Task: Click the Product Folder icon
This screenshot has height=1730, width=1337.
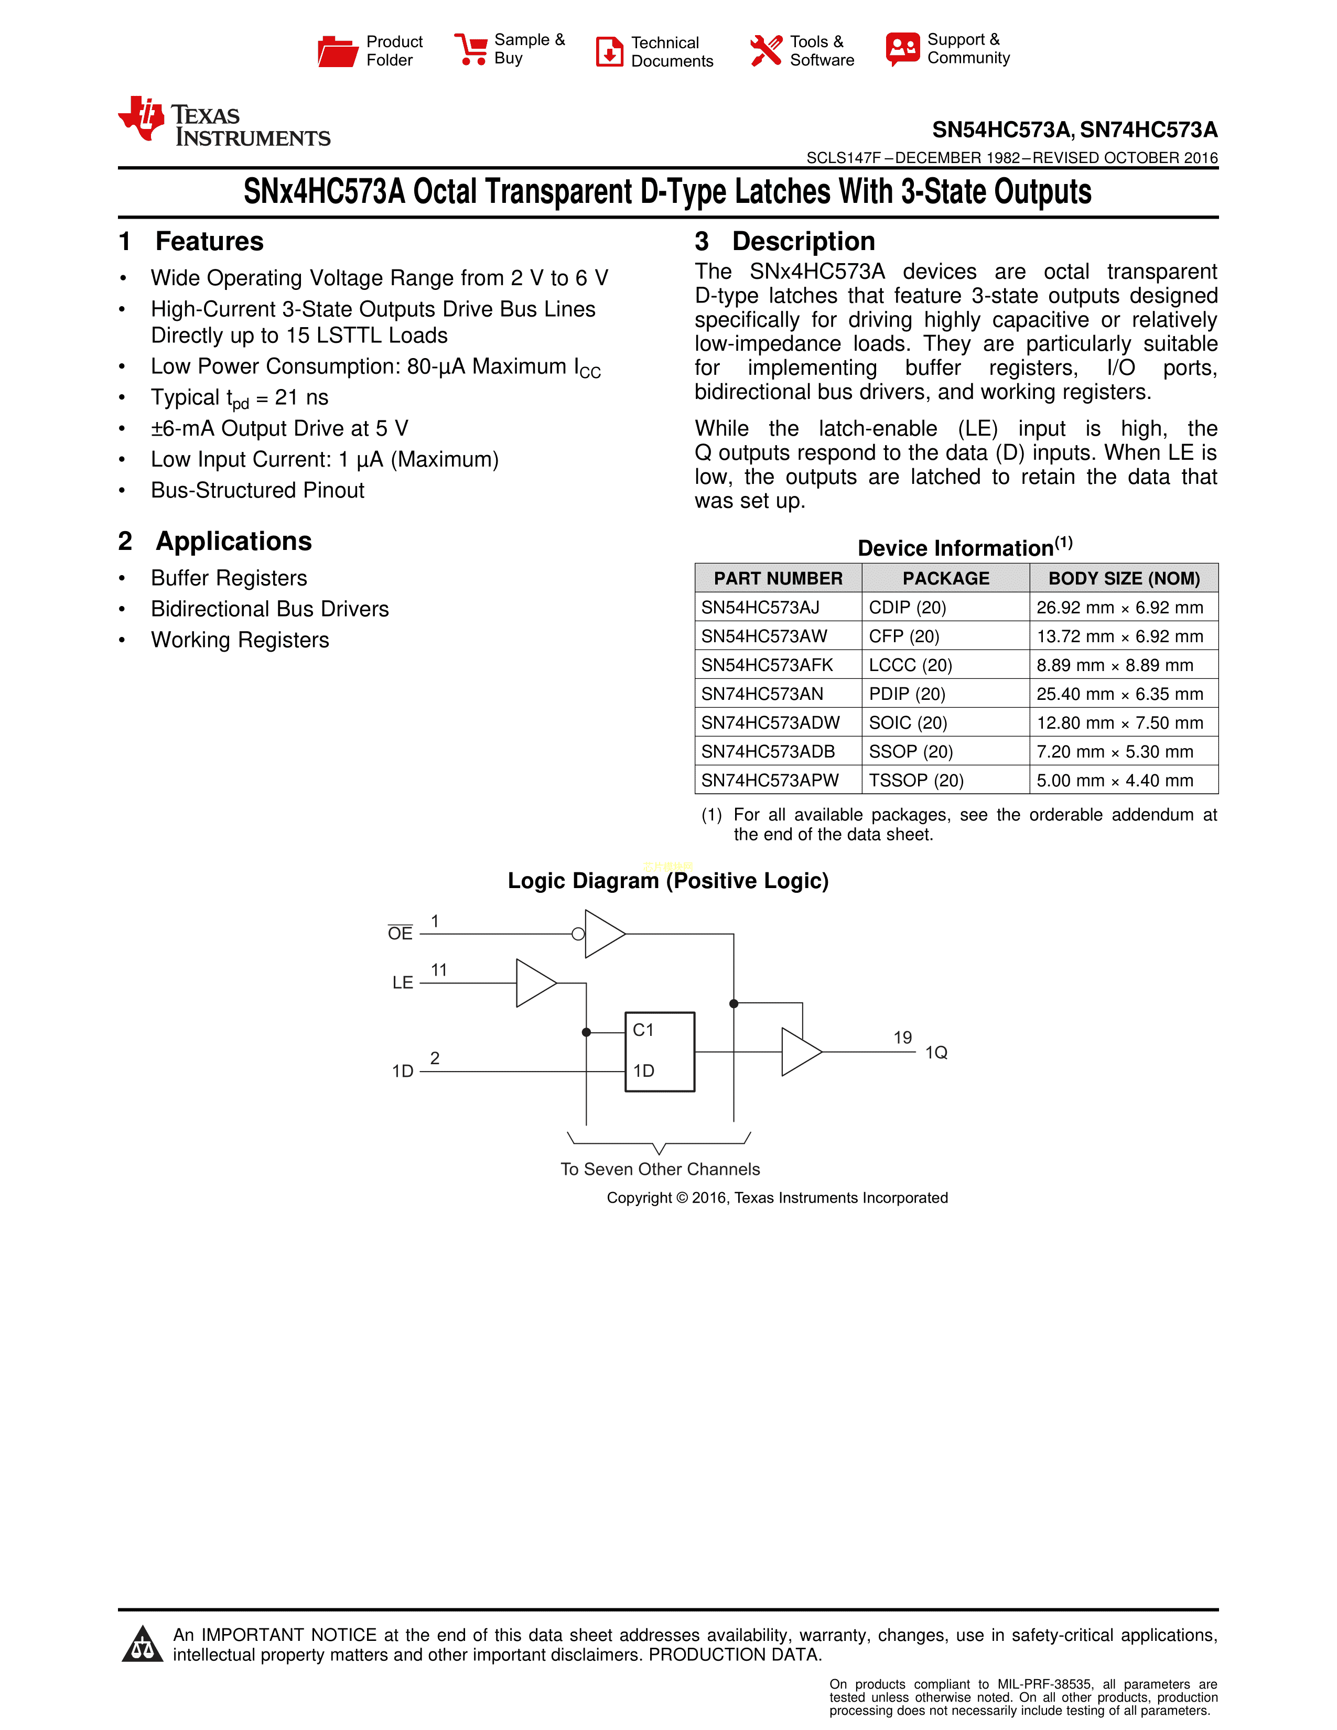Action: click(338, 51)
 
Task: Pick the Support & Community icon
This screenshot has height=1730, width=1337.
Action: click(903, 49)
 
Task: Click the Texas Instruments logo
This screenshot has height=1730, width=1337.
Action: click(224, 123)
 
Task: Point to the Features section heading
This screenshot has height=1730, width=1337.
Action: click(209, 242)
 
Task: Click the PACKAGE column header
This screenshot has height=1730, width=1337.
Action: click(946, 578)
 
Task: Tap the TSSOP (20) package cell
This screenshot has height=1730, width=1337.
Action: click(917, 780)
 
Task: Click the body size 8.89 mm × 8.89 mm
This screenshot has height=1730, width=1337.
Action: click(1115, 665)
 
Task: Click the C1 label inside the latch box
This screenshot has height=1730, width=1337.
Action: click(643, 1030)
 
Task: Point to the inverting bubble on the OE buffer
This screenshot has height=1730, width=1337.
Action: click(578, 934)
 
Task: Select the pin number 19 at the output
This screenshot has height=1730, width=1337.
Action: click(903, 1037)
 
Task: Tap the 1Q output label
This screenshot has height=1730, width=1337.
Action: click(936, 1053)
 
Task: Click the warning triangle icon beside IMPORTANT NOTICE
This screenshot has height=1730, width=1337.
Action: click(143, 1645)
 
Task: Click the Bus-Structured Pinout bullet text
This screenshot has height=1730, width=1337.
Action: click(257, 490)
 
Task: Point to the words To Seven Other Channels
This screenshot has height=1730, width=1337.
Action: click(660, 1169)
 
